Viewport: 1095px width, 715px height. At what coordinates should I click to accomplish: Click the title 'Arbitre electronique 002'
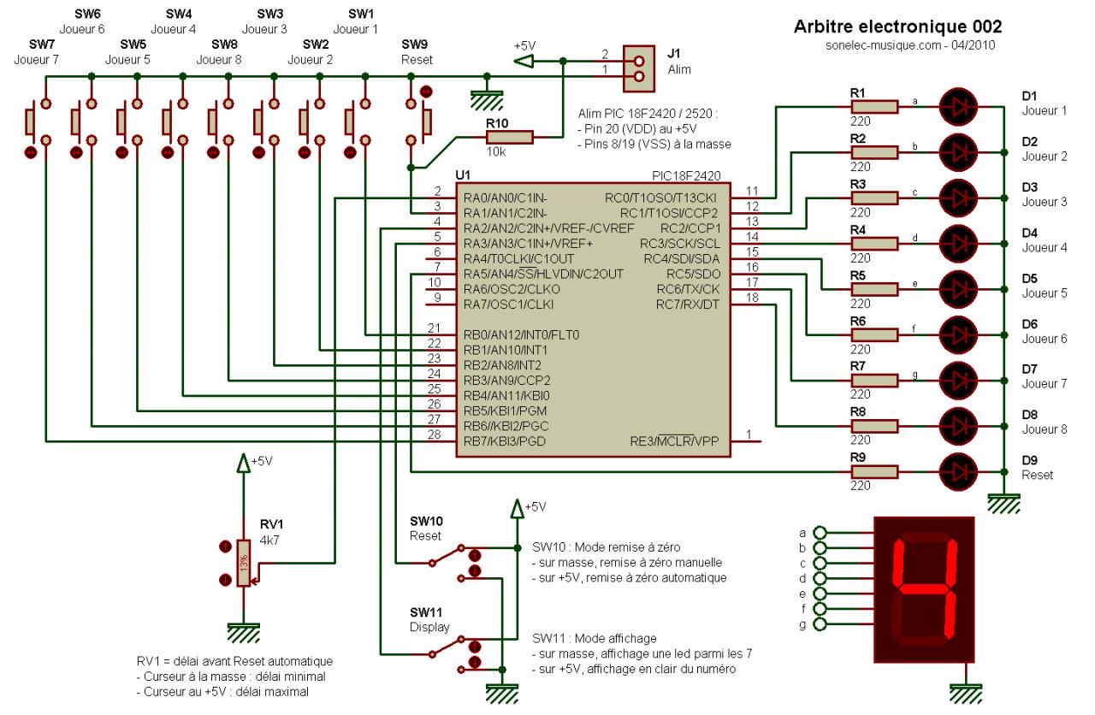[897, 27]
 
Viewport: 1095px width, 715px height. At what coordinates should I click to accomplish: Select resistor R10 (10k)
[509, 137]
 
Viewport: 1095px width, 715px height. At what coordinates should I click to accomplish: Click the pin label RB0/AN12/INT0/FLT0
[519, 334]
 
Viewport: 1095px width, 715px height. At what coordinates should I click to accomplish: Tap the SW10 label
[424, 521]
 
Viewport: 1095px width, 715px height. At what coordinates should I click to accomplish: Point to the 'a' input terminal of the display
[819, 531]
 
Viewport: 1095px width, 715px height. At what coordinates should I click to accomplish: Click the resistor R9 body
[873, 471]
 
